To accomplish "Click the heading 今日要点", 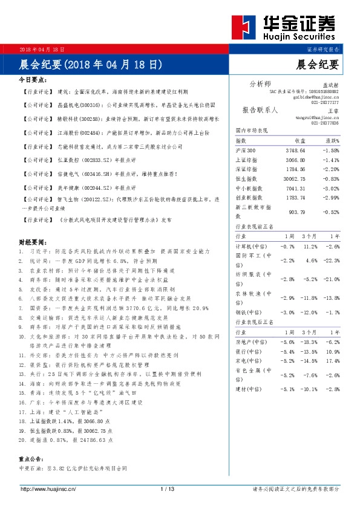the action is [x=33, y=80].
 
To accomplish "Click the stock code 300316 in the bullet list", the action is [x=82, y=104].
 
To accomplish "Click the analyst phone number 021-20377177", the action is [x=325, y=103].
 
